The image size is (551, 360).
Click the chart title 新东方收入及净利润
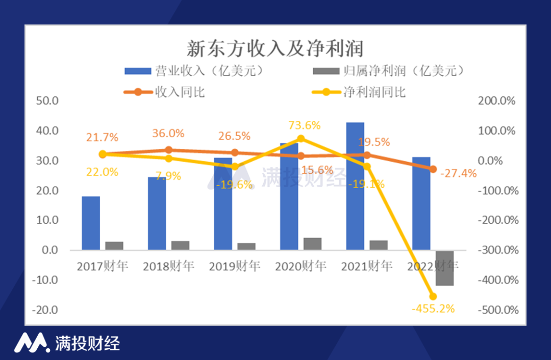tap(275, 49)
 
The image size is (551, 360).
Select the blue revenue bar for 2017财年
tap(91, 223)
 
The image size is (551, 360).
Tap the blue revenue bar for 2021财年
tap(355, 186)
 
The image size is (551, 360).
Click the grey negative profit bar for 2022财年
tap(445, 268)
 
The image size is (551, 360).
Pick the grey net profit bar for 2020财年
tap(312, 244)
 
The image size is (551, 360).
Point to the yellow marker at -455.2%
tap(433, 296)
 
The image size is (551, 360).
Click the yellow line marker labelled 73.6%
tap(300, 139)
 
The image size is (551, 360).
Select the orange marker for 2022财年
tap(433, 169)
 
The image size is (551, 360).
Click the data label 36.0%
tap(168, 134)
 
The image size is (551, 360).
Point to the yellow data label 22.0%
tap(102, 172)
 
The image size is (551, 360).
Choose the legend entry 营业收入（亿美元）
tap(196, 71)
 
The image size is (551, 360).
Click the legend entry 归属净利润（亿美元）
tap(388, 71)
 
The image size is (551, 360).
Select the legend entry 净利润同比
tap(360, 92)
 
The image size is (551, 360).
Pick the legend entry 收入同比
tap(166, 92)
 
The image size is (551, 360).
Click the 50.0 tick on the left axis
tap(48, 101)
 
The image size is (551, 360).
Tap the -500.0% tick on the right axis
tap(498, 310)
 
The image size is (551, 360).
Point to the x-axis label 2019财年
tap(234, 266)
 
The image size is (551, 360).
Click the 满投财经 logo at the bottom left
tap(67, 343)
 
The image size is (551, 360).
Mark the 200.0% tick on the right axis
tap(498, 101)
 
